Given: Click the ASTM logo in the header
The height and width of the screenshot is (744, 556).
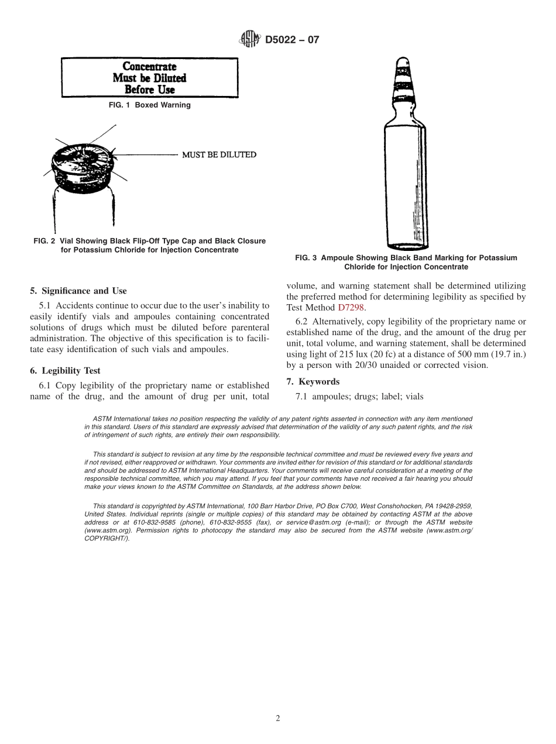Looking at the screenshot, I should [250, 40].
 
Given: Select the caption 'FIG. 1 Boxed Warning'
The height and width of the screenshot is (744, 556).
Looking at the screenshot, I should [150, 105].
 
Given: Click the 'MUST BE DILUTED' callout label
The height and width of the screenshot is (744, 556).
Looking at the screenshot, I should [219, 155].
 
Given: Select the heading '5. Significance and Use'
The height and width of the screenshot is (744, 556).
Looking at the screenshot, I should [78, 291].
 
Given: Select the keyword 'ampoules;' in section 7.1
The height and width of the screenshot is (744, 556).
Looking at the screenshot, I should [331, 397].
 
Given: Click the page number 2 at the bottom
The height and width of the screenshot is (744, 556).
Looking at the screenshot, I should [278, 719].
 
